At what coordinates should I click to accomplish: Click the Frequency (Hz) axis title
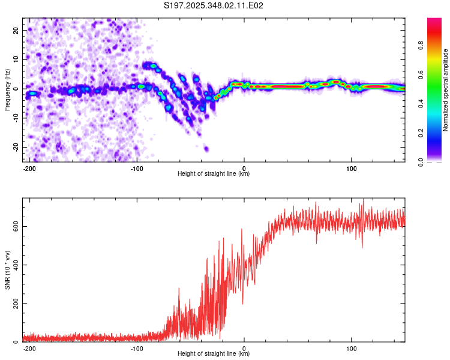(x=7, y=89)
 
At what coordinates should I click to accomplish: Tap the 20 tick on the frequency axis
(x=16, y=30)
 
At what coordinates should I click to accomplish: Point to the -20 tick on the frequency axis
(x=14, y=147)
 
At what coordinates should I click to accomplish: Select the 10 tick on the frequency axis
(x=16, y=59)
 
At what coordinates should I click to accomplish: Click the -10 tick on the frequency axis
(x=14, y=118)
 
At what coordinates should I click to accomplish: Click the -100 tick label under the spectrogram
(x=137, y=167)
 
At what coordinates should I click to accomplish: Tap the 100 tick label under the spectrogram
(x=351, y=167)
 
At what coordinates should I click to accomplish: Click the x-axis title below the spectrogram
(x=214, y=174)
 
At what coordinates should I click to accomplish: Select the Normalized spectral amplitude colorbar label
(x=445, y=89)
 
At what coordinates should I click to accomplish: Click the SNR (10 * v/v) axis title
(x=7, y=269)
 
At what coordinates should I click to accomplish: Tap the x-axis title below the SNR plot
(x=214, y=354)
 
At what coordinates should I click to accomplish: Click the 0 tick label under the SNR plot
(x=244, y=348)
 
